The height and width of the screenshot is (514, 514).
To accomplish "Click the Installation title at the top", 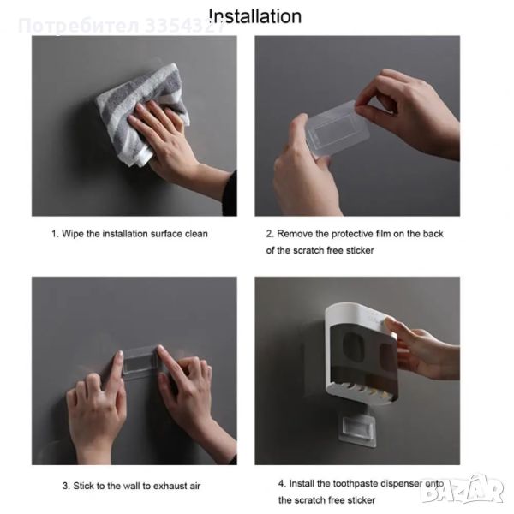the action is (x=255, y=16).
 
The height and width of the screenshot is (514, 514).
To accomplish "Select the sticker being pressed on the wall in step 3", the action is (x=140, y=362).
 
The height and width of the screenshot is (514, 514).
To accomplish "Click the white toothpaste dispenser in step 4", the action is (x=361, y=353).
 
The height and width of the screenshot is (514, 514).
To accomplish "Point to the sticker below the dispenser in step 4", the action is (x=357, y=430).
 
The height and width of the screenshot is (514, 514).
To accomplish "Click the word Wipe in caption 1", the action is (x=73, y=234).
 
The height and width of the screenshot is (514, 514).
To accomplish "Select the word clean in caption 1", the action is (x=196, y=234).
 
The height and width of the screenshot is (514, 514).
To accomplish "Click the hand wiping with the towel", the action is (x=170, y=141).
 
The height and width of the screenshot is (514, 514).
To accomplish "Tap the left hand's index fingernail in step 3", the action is (x=120, y=355).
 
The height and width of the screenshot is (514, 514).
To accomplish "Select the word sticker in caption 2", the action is (x=360, y=250).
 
